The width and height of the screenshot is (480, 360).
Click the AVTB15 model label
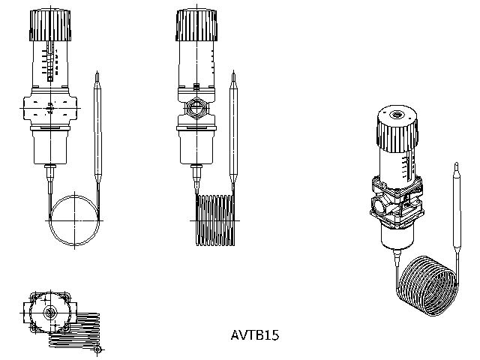click(255, 335)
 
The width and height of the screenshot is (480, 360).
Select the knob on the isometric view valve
click(394, 132)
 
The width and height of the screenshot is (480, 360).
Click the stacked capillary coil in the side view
click(217, 220)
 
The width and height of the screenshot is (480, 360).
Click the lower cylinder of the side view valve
click(196, 145)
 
